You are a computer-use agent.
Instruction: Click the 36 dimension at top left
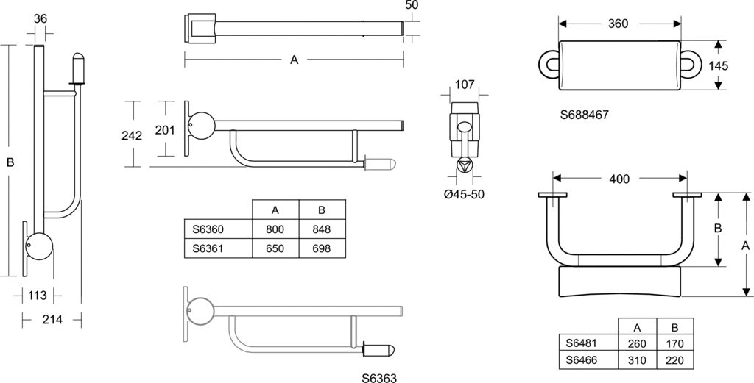click(x=40, y=18)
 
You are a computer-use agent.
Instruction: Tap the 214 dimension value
click(x=52, y=320)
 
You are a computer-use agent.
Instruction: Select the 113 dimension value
click(x=37, y=296)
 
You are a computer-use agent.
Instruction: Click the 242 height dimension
click(x=132, y=136)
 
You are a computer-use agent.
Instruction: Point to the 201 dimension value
click(x=166, y=129)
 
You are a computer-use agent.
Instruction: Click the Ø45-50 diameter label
click(x=465, y=195)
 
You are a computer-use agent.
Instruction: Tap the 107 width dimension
click(x=465, y=85)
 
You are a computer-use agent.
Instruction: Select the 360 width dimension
click(x=618, y=24)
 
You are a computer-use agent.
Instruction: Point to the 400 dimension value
click(x=619, y=179)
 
